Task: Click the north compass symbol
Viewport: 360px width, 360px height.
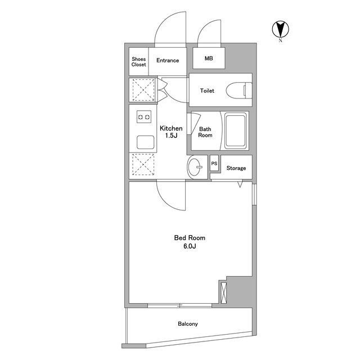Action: (280, 29)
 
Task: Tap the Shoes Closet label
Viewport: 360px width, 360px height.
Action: (139, 62)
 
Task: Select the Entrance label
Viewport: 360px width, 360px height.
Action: (168, 60)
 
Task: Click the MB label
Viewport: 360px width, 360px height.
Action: (209, 58)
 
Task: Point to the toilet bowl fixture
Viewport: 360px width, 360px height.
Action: (239, 91)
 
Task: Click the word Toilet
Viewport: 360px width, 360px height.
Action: (207, 91)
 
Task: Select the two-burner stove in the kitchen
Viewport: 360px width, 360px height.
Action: (144, 117)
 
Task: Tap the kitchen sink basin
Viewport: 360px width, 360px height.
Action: (145, 142)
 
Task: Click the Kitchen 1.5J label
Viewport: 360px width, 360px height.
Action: (171, 132)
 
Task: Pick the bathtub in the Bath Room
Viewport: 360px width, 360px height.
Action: (236, 130)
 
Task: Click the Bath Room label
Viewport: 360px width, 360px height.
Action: (205, 132)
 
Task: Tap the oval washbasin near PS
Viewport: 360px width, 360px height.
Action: (195, 167)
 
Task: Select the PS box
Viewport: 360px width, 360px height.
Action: (214, 163)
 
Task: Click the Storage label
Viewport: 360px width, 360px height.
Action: (236, 168)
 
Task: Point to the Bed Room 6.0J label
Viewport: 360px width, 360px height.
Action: (190, 242)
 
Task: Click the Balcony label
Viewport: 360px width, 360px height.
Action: (188, 324)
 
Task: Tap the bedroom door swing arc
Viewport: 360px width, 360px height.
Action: (166, 201)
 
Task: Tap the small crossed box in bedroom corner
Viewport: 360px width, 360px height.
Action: (223, 292)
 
